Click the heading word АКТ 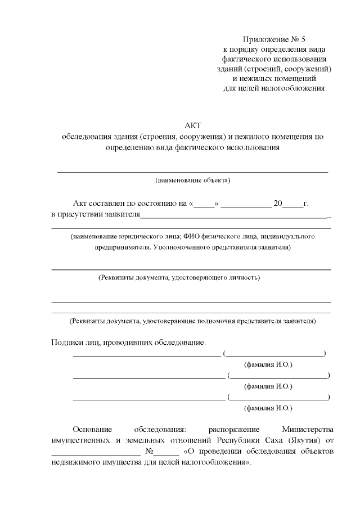coord(192,125)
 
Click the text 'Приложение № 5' coord(274,39)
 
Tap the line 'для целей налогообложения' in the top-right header coord(274,89)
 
